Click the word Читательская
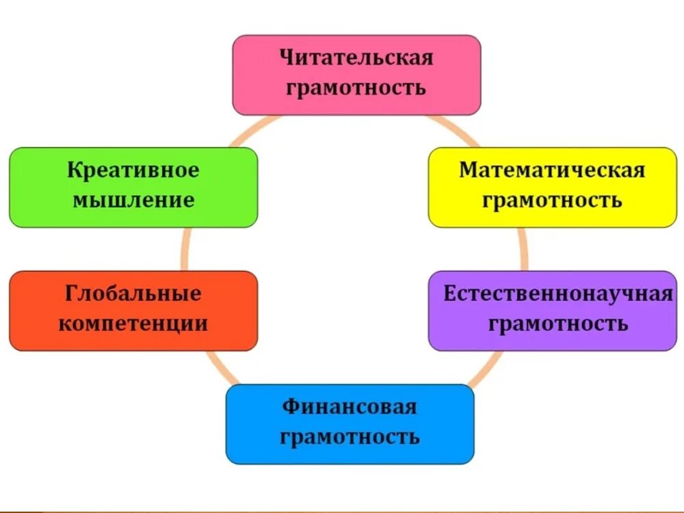pyautogui.click(x=356, y=57)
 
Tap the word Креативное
pyautogui.click(x=133, y=170)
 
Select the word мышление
pyautogui.click(x=133, y=200)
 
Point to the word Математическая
pyautogui.click(x=552, y=170)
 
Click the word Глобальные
pyautogui.click(x=133, y=293)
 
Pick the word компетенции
pyautogui.click(x=133, y=324)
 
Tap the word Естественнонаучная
pyautogui.click(x=558, y=294)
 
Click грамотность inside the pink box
pyautogui.click(x=356, y=88)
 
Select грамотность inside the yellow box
pyautogui.click(x=552, y=200)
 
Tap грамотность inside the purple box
pyautogui.click(x=558, y=323)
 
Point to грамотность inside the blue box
pyautogui.click(x=350, y=436)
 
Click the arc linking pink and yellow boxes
pyautogui.click(x=456, y=130)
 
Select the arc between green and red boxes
pyautogui.click(x=184, y=249)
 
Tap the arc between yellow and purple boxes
pyautogui.click(x=524, y=249)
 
